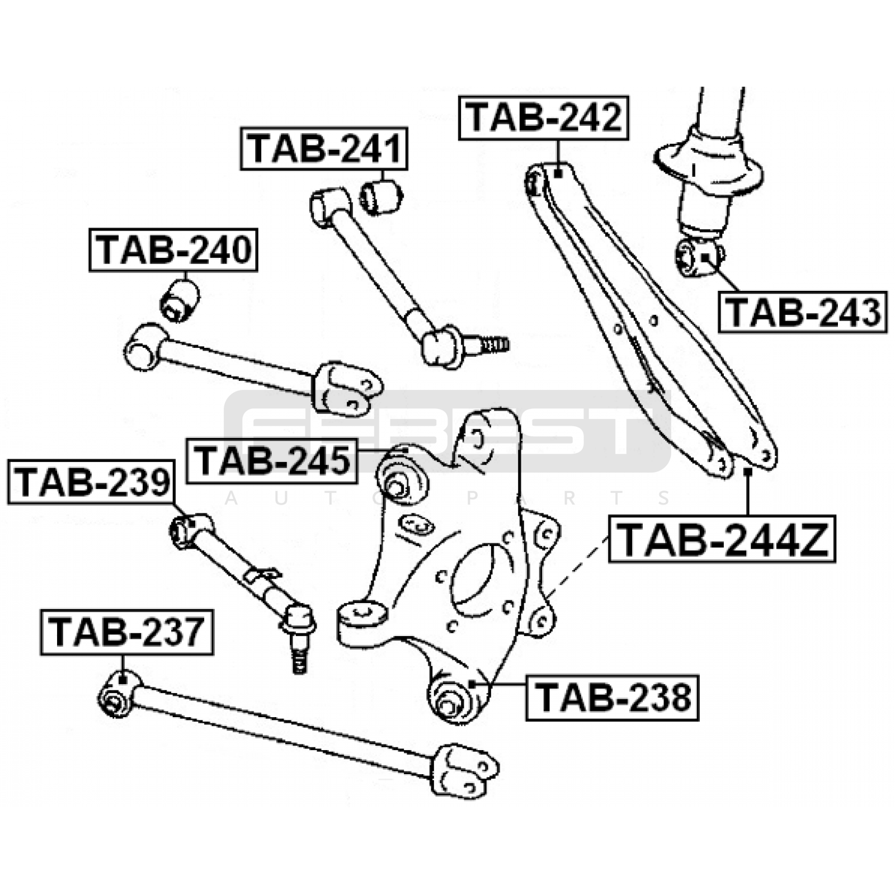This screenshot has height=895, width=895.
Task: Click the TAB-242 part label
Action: click(x=544, y=117)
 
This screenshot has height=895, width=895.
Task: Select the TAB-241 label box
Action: click(x=324, y=148)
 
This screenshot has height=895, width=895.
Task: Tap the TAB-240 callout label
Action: click(x=173, y=249)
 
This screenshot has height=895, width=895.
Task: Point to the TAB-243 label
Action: click(x=803, y=312)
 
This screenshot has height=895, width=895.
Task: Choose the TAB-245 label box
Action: click(x=272, y=461)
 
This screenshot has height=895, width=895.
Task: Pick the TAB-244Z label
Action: click(x=722, y=538)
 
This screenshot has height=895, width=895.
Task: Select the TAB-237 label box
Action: click(x=127, y=632)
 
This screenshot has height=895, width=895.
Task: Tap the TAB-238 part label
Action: click(x=613, y=698)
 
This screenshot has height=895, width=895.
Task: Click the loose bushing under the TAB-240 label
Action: click(x=180, y=301)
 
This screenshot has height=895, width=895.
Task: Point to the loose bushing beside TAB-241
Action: click(x=380, y=196)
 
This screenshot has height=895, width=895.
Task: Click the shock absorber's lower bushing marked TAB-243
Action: click(x=698, y=257)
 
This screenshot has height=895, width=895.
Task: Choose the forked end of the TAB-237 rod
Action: click(x=464, y=769)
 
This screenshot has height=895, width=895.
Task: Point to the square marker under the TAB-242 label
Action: click(x=558, y=174)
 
